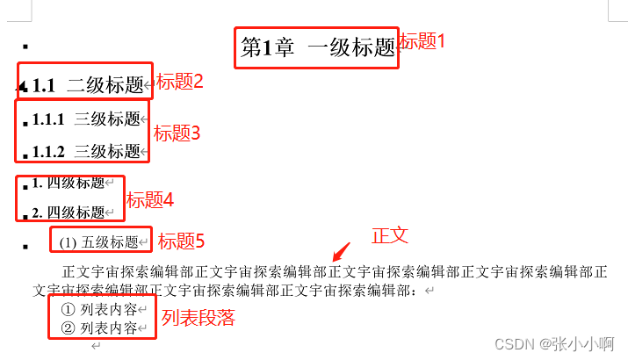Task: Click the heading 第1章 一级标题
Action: click(x=317, y=48)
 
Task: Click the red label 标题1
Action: click(x=422, y=40)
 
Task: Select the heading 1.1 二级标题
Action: click(x=87, y=85)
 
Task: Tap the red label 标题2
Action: click(x=180, y=82)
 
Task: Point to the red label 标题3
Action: click(x=177, y=133)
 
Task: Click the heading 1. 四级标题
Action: click(x=68, y=184)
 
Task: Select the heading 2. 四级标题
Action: click(x=68, y=212)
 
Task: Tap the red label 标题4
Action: click(x=150, y=200)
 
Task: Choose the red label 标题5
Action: click(x=181, y=241)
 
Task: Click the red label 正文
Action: click(x=390, y=235)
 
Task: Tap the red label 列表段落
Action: click(x=199, y=318)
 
